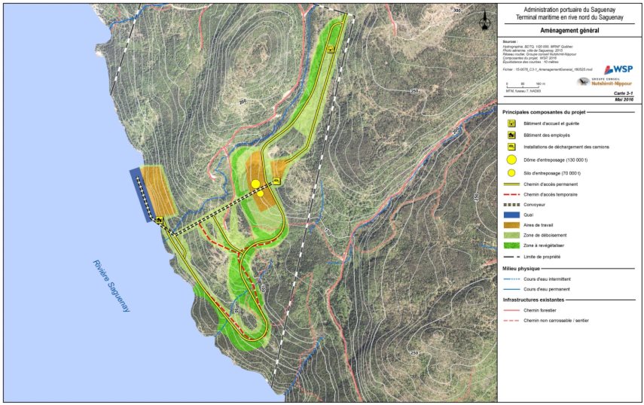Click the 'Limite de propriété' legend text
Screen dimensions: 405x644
[x=545, y=257]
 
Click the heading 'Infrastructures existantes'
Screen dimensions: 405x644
[x=536, y=300]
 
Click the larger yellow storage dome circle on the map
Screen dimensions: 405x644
[x=255, y=184]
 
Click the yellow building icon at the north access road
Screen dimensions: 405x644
[x=331, y=50]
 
